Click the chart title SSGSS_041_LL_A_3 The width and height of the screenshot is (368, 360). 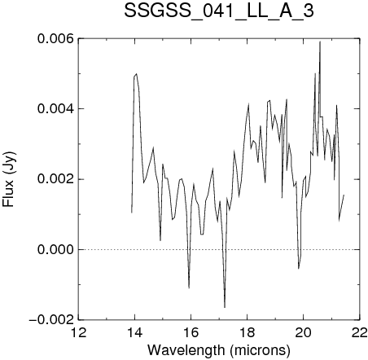(x=219, y=11)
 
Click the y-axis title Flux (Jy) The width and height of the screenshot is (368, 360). (x=9, y=179)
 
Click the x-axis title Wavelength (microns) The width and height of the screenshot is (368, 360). (x=219, y=350)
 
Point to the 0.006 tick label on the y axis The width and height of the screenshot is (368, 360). (x=55, y=39)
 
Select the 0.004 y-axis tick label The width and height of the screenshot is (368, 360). (x=55, y=109)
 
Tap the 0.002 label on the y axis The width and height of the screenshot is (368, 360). (x=55, y=179)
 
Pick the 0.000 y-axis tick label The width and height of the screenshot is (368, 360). (x=55, y=249)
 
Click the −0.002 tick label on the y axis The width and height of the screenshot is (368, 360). (x=51, y=320)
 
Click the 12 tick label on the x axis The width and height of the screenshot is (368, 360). (x=79, y=332)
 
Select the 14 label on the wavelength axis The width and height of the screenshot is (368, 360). (x=135, y=332)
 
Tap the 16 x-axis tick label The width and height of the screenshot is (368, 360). (x=191, y=332)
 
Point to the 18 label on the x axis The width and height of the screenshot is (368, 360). (x=248, y=332)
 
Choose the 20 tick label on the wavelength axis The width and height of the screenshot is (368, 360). (x=304, y=332)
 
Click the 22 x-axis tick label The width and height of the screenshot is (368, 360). (x=360, y=332)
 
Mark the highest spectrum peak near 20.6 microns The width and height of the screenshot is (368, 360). (x=320, y=42)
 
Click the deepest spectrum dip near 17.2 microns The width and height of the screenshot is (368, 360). (x=225, y=307)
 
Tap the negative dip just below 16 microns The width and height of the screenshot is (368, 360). (x=189, y=288)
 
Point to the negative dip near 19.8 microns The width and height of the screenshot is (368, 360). (x=299, y=269)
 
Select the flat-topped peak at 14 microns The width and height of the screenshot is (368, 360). (x=135, y=75)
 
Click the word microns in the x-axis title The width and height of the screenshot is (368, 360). (x=260, y=350)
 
